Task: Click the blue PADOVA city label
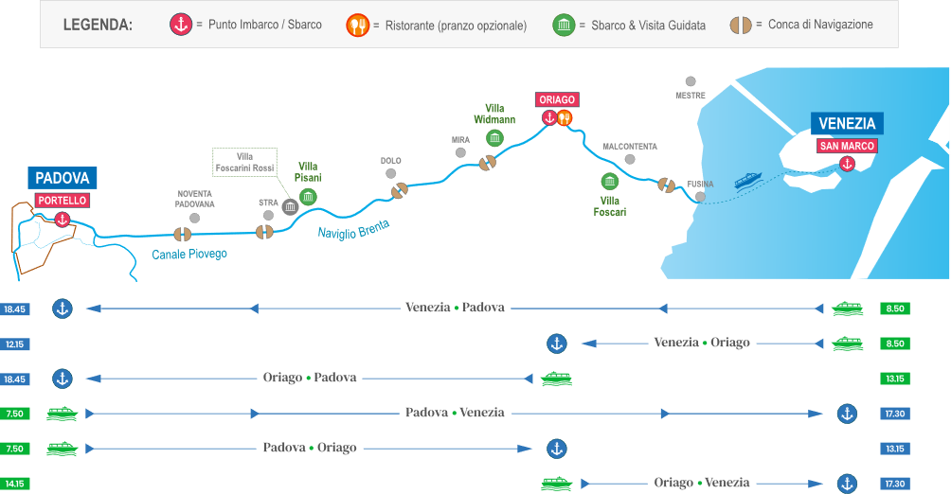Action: tap(62, 178)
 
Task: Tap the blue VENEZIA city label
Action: tap(847, 124)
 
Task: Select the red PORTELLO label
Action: tap(63, 201)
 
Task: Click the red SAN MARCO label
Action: tap(847, 146)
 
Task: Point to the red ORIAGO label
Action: tap(557, 99)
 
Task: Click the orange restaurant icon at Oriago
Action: tap(565, 118)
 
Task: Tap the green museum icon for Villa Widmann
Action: tap(493, 138)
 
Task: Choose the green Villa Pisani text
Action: tap(310, 171)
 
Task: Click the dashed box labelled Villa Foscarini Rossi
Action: tap(243, 162)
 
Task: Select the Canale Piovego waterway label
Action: tap(189, 254)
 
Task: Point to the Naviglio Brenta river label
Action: tap(354, 230)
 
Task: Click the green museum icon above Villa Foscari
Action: tap(610, 181)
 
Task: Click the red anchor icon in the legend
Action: tap(181, 26)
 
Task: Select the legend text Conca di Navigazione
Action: tap(819, 26)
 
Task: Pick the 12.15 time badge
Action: tap(14, 344)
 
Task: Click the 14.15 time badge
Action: tap(14, 484)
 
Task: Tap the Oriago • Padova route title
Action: tap(310, 378)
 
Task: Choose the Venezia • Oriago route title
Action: tap(702, 343)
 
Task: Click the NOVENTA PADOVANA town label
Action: tap(196, 199)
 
